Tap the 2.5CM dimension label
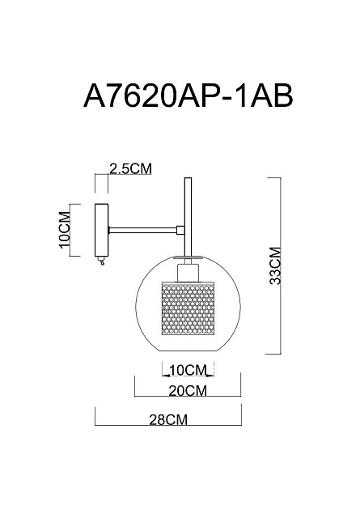(x=131, y=168)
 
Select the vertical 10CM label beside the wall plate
(x=65, y=230)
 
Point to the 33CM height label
(x=275, y=266)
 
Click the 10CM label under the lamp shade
(x=188, y=370)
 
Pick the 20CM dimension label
(x=188, y=391)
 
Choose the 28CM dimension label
(x=168, y=419)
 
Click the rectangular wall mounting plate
(x=101, y=230)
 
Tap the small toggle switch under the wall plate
(x=102, y=261)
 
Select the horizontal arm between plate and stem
(x=142, y=230)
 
